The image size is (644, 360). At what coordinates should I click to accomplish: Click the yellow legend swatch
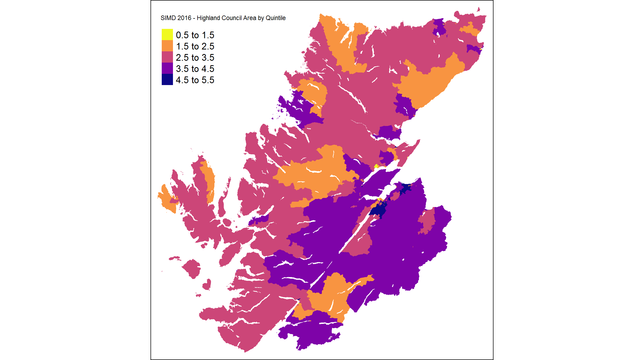click(x=167, y=35)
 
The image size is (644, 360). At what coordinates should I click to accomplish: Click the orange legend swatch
click(x=167, y=46)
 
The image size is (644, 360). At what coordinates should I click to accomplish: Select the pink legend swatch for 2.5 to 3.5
click(x=167, y=57)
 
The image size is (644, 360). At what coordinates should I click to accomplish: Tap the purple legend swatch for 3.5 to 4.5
click(x=167, y=68)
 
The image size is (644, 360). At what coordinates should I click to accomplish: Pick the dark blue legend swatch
click(x=167, y=79)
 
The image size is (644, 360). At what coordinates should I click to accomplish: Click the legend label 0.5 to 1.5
click(x=195, y=35)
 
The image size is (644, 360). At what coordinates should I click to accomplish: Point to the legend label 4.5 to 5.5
click(x=195, y=80)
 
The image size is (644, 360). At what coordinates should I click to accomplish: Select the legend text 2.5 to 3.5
click(x=195, y=58)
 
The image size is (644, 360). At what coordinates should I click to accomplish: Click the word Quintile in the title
click(x=275, y=18)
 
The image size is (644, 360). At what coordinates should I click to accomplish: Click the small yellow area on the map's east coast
click(x=376, y=166)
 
